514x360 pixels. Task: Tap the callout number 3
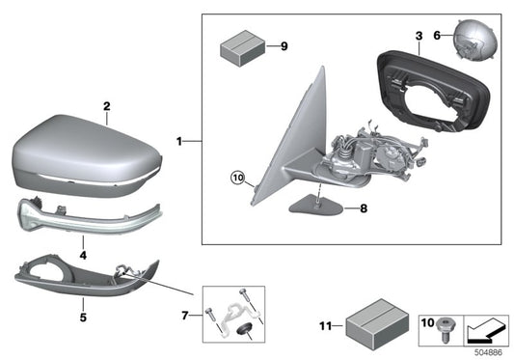418,37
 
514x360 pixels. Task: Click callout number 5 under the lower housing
83,316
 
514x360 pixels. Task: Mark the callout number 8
364,208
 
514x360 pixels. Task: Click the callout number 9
284,45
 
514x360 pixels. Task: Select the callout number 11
324,325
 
